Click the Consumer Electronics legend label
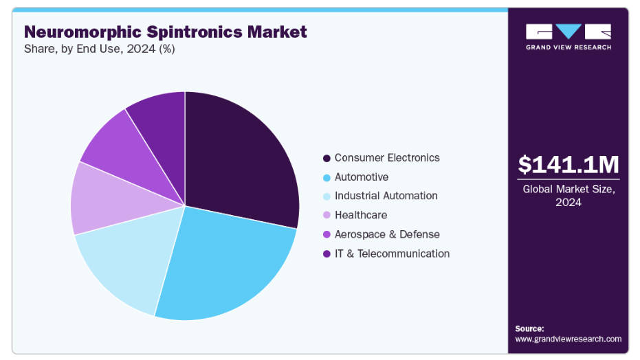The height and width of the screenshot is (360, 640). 387,157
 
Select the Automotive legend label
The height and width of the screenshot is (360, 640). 362,177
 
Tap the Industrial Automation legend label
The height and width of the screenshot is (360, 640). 386,196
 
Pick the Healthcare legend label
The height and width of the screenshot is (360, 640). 361,215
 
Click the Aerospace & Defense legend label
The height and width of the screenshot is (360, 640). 387,234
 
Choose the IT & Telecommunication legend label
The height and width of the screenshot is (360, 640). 393,254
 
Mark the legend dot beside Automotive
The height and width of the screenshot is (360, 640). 326,177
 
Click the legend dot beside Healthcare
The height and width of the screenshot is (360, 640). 326,216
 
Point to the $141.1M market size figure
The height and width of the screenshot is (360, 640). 568,165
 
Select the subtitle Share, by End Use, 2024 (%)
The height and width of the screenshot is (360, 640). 100,49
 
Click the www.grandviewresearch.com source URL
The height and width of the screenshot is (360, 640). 568,339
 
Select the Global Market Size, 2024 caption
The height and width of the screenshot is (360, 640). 568,195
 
